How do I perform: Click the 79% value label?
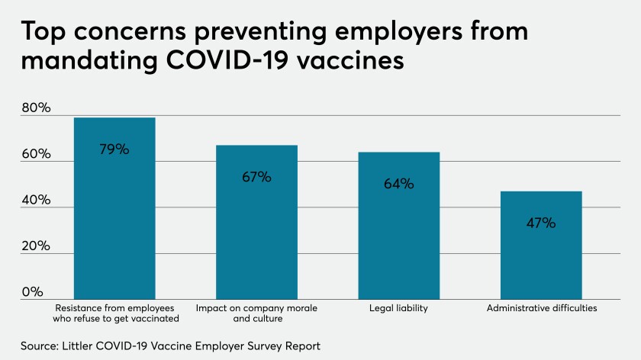114,149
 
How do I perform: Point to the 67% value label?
256,177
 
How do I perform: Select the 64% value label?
398,184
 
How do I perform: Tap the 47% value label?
541,223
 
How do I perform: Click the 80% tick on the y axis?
35,108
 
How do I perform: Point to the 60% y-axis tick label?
35,154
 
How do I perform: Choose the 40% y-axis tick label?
35,201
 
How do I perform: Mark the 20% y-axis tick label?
35,246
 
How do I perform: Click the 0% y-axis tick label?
32,292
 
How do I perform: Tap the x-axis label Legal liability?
398,308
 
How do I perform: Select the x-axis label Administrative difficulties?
541,308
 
